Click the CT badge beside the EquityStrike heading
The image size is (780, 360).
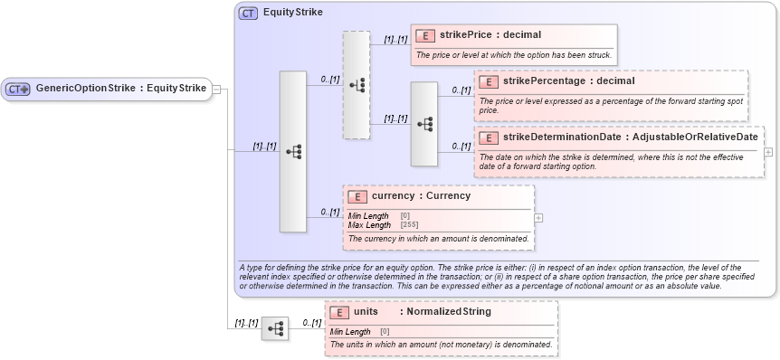point(247,14)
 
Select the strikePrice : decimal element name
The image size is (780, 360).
point(490,35)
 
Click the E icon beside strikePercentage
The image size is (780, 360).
point(489,81)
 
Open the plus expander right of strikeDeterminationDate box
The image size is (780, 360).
point(768,152)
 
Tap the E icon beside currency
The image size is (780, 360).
point(357,195)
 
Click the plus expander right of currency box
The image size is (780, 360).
point(538,217)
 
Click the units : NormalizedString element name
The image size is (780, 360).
point(422,311)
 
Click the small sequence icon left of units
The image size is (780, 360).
point(275,327)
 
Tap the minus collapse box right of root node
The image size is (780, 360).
point(218,89)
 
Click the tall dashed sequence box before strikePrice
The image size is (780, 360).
point(357,85)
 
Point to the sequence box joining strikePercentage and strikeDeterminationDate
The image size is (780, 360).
point(423,124)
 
